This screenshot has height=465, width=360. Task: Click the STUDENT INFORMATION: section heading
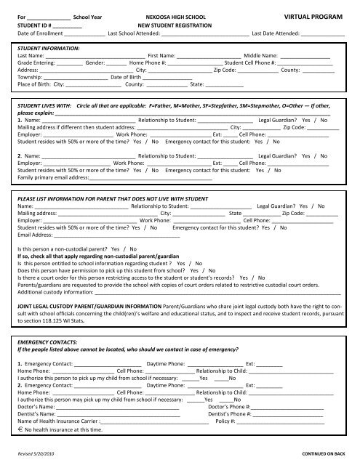click(x=47, y=51)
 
